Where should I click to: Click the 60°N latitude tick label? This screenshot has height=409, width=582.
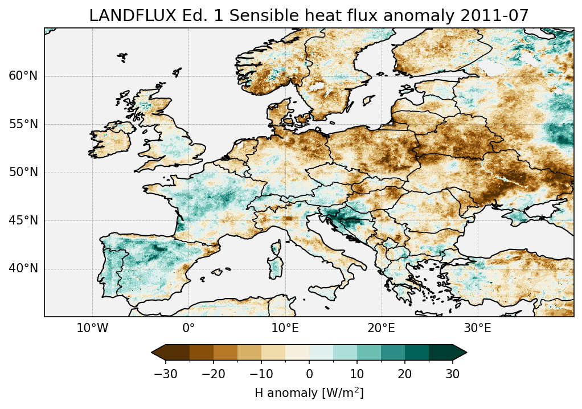[x=23, y=76]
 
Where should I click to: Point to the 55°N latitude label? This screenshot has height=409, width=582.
[x=23, y=124]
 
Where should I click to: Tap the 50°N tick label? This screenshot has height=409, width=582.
[x=23, y=172]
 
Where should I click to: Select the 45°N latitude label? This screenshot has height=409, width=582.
[x=23, y=220]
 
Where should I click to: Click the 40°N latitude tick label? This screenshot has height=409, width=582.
[x=23, y=268]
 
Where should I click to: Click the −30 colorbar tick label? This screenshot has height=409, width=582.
[x=165, y=374]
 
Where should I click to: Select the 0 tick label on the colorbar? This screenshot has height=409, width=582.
[x=309, y=374]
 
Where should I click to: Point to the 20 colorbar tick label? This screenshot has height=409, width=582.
[x=405, y=374]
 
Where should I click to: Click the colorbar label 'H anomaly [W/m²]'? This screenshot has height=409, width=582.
[x=309, y=392]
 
